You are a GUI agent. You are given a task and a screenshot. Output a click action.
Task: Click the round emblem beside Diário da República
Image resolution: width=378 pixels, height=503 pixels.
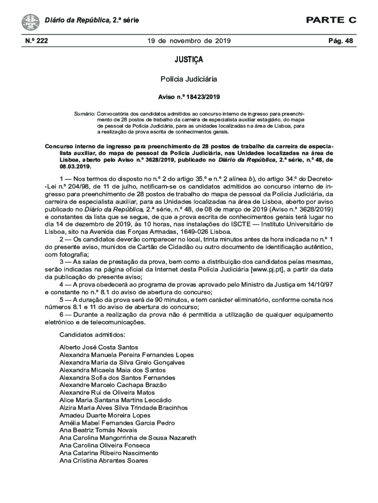pos(30,22)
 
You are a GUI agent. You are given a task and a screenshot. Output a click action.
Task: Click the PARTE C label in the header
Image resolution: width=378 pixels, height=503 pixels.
pos(331,20)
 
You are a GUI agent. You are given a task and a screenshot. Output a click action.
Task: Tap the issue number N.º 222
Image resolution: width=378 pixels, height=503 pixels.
pos(36,41)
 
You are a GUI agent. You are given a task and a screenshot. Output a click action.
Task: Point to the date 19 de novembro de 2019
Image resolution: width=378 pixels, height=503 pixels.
pos(189,41)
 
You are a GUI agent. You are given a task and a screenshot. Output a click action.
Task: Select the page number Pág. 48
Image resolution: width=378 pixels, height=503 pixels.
pos(341,41)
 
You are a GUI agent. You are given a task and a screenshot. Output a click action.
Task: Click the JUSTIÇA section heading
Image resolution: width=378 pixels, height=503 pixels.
pos(189,60)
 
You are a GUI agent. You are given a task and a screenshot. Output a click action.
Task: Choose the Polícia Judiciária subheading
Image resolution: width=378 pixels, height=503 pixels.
pos(189,79)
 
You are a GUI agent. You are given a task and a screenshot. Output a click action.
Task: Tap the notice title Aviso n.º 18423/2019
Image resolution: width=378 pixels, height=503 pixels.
pos(189,97)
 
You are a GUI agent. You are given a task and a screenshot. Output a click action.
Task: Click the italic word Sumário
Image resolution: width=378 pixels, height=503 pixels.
pos(84,113)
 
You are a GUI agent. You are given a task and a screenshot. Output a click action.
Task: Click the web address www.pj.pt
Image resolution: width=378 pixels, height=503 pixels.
pos(266,270)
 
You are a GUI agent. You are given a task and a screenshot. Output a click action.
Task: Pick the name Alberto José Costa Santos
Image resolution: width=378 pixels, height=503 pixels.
pos(99,347)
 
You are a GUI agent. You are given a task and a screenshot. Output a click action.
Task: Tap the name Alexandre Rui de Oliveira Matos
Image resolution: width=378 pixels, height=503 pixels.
pos(107,392)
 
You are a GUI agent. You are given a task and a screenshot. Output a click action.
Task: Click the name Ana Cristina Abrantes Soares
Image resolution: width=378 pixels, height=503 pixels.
pos(103,460)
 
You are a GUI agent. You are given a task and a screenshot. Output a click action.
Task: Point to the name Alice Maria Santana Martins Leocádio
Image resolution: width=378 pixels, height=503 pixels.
pos(115,400)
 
